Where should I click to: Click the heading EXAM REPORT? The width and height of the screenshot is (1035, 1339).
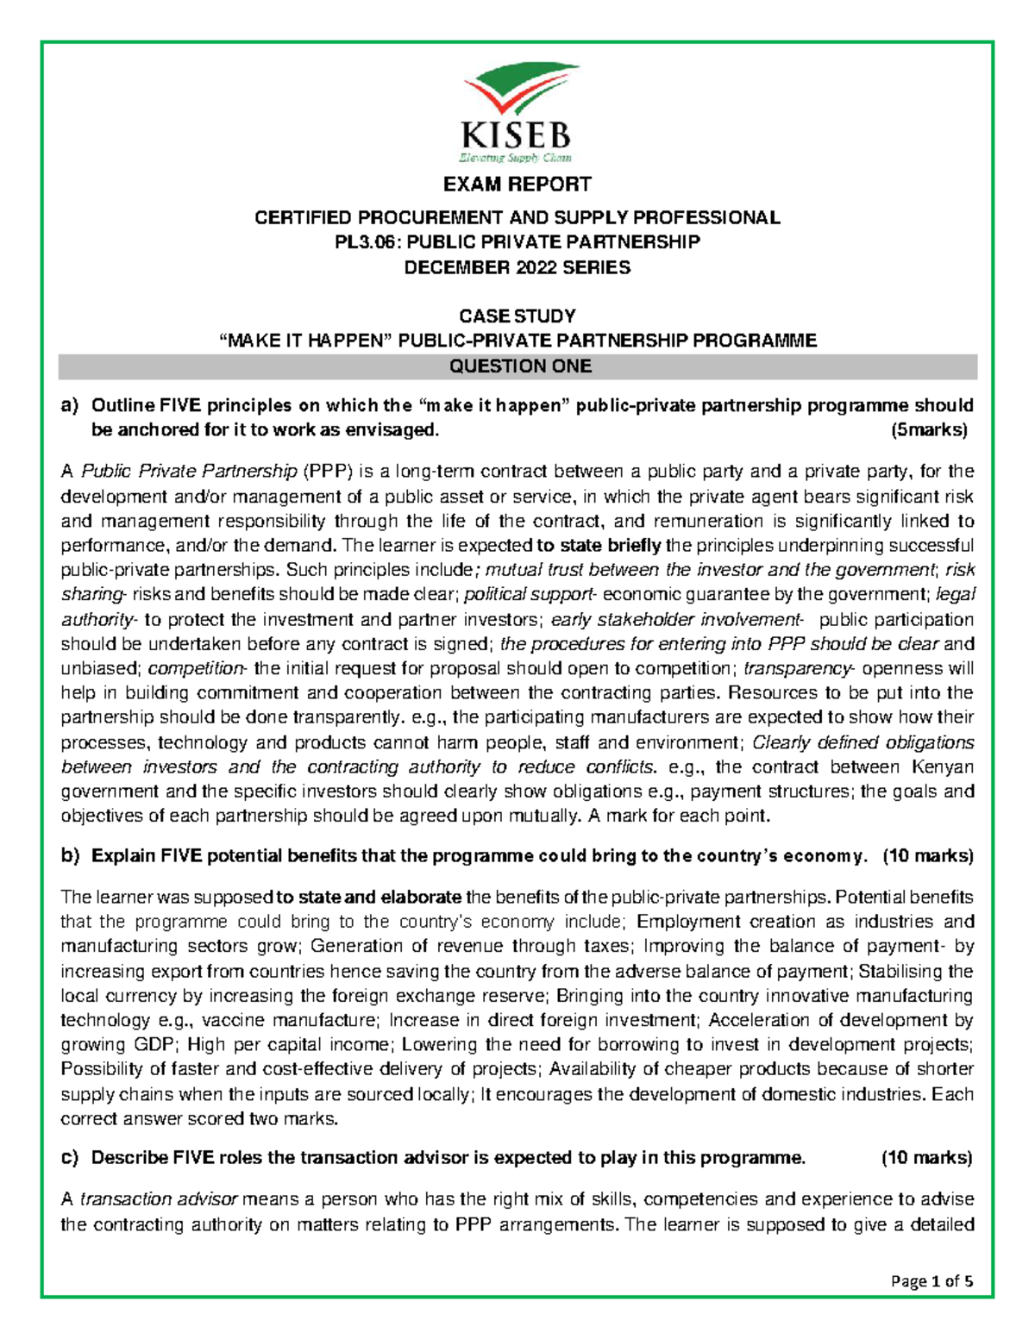click(517, 185)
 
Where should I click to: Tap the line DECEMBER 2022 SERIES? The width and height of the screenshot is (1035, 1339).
click(517, 267)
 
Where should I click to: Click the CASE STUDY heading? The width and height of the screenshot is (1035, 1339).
click(517, 316)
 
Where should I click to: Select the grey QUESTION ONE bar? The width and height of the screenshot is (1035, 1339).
click(517, 366)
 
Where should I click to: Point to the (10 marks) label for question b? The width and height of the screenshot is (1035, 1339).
click(928, 856)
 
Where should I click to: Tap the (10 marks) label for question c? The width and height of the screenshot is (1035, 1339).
click(926, 1158)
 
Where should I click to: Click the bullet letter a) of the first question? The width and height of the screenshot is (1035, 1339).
click(70, 405)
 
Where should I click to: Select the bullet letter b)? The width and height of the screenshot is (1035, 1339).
click(70, 856)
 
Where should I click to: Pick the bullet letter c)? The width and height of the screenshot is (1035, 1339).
click(70, 1158)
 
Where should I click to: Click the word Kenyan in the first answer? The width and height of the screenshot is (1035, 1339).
click(943, 766)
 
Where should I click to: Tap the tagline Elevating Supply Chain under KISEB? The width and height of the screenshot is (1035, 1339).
click(515, 158)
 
